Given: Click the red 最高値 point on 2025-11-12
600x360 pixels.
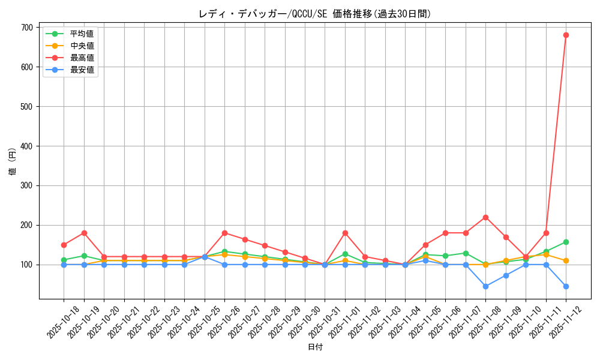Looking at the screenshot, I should [566, 35].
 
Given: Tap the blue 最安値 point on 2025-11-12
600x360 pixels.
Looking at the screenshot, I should [566, 286].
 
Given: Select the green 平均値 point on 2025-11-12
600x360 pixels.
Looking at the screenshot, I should [566, 242].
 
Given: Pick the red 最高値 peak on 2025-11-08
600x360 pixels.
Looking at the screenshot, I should [485, 217].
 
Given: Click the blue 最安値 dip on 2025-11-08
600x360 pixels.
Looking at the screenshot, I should [485, 286].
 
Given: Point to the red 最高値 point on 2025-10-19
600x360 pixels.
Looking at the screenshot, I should [84, 233].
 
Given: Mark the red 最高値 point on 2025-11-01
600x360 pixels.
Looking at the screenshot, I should [345, 233].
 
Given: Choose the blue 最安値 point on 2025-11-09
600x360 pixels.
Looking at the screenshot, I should [506, 275].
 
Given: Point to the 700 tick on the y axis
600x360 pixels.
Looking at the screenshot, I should [26, 28].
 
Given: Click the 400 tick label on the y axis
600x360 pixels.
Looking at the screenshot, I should [26, 146].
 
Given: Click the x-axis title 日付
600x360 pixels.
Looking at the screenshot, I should [315, 347].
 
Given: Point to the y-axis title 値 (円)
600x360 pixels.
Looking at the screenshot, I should [12, 162].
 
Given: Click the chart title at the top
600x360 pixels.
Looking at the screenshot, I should [315, 14].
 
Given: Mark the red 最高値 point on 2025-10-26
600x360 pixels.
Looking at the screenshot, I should [224, 233].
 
